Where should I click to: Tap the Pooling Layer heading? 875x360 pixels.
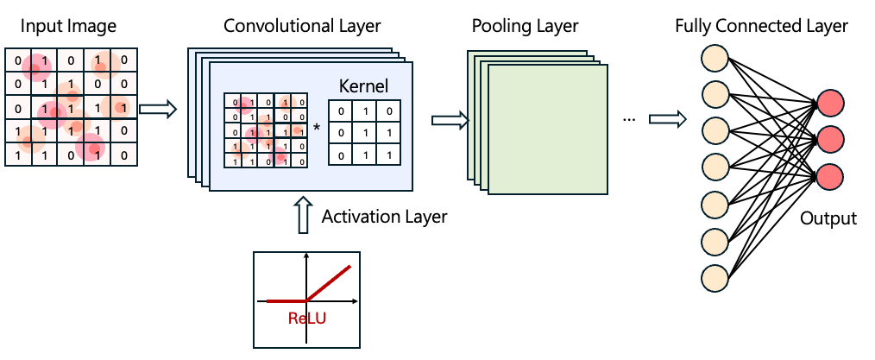point(525,26)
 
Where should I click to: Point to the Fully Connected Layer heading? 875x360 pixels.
point(762,26)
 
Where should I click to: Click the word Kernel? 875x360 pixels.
point(363,86)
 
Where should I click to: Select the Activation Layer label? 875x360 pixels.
point(384,217)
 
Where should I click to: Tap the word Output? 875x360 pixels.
point(828,218)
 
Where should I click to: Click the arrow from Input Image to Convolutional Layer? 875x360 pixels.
point(157,109)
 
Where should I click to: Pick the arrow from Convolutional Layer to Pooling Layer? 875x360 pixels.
point(447,120)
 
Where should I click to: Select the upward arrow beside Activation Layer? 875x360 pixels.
point(302,215)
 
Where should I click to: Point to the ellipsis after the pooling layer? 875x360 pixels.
point(628,118)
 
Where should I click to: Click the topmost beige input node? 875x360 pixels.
point(716,58)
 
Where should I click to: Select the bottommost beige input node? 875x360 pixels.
point(716,278)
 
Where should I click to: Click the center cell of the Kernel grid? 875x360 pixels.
point(364,133)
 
